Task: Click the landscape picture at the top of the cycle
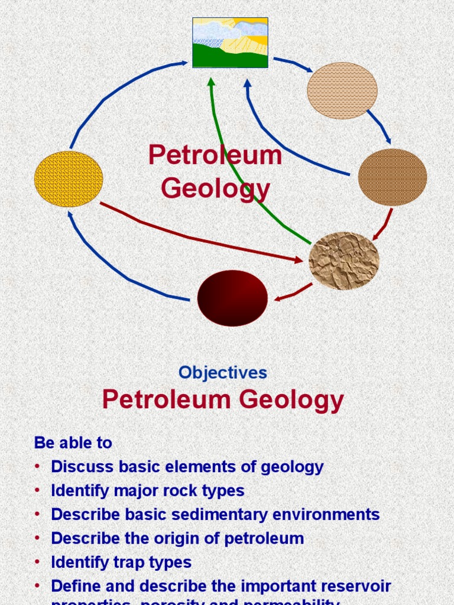(x=230, y=43)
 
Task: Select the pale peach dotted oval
(x=342, y=90)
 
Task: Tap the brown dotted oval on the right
(x=393, y=177)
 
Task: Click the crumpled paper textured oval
(x=344, y=261)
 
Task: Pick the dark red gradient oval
(x=232, y=298)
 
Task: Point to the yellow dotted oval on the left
(x=69, y=179)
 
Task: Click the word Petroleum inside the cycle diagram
(x=215, y=155)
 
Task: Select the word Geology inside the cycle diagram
(x=215, y=189)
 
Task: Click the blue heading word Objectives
(x=223, y=373)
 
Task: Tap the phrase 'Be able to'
(x=73, y=443)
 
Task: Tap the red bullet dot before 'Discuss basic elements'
(x=38, y=467)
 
